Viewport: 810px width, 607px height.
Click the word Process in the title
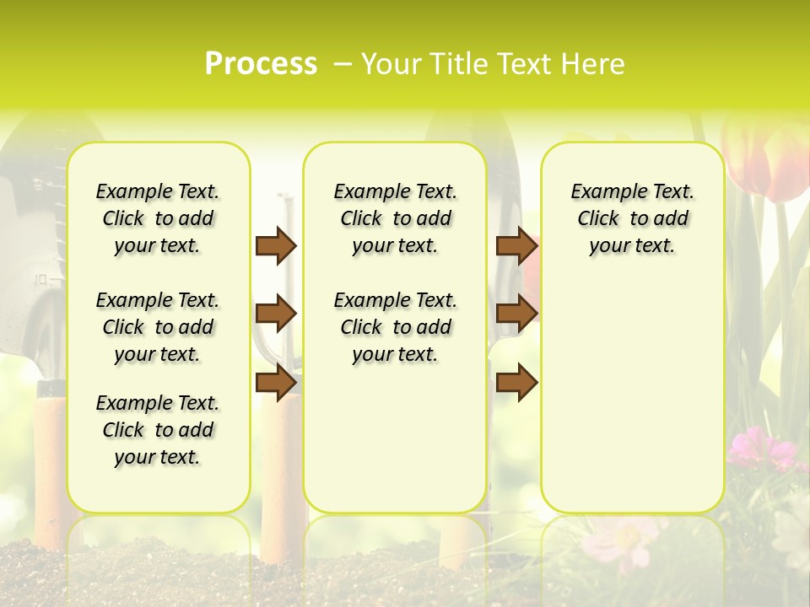261,64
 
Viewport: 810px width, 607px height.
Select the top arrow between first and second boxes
276,245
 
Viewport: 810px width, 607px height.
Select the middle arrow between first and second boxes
276,314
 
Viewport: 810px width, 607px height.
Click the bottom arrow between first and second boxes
276,382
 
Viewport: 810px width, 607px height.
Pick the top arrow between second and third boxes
516,245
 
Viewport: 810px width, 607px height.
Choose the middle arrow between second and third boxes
516,314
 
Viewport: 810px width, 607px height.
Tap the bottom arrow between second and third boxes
516,382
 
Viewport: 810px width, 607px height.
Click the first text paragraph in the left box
158,218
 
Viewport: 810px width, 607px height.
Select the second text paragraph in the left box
158,327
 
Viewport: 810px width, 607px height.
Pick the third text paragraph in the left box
158,430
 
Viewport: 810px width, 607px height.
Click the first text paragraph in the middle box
395,218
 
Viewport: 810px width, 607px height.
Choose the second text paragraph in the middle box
395,327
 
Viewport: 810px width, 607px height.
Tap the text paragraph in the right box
632,218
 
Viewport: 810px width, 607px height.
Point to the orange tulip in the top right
768,160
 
